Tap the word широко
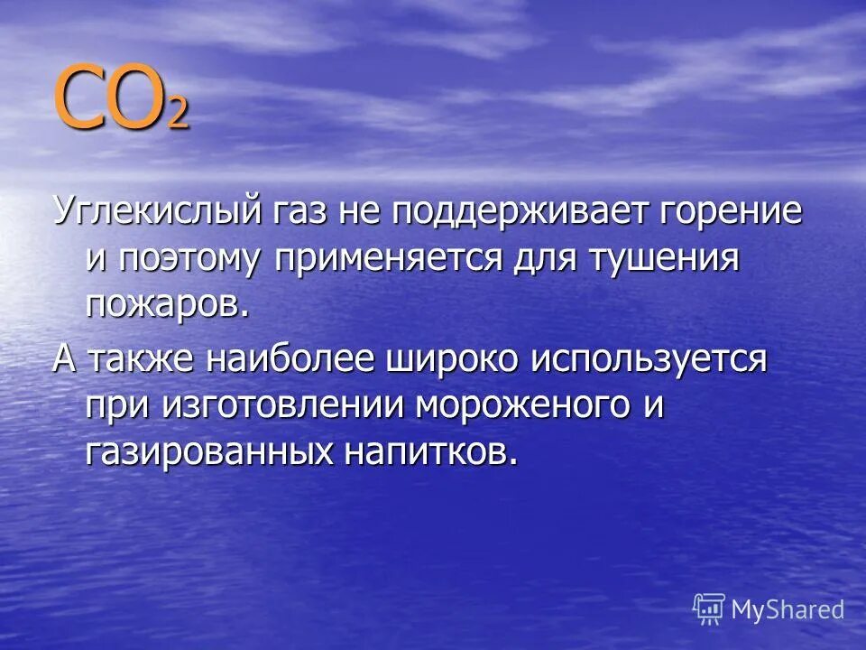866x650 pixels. click(x=452, y=358)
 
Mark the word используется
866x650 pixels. click(x=649, y=358)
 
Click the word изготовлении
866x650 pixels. click(x=286, y=405)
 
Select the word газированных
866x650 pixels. click(x=206, y=451)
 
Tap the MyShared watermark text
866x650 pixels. click(x=787, y=609)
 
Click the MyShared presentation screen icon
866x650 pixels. click(x=709, y=609)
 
